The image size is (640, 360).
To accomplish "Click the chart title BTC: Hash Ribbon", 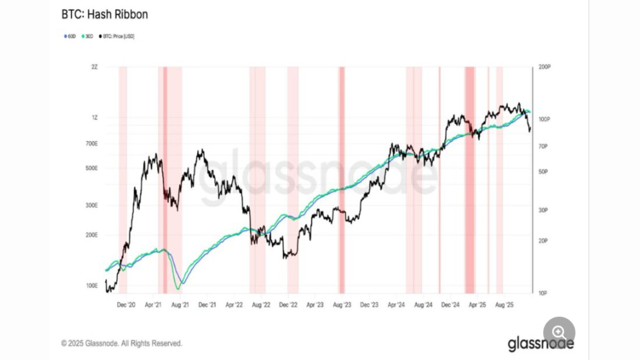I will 104,14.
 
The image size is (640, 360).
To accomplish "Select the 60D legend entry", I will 70,36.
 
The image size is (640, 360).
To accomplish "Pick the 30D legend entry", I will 87,36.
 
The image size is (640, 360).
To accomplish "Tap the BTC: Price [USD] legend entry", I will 117,36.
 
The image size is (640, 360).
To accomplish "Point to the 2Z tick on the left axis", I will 94,66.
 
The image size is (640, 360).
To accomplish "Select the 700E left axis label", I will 91,143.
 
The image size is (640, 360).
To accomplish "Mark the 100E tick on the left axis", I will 91,286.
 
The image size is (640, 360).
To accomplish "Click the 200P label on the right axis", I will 544,66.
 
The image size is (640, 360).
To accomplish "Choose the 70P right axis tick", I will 542,146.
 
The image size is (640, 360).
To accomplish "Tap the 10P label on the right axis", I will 542,293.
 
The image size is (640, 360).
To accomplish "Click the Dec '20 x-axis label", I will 126,304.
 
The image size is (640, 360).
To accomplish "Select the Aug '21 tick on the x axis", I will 179,304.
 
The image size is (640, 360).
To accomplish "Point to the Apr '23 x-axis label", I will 314,304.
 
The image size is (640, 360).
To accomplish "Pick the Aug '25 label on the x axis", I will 504,304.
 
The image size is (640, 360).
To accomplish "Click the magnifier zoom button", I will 559,332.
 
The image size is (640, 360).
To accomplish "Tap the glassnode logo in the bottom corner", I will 540,343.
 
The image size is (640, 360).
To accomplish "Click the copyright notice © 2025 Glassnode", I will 121,343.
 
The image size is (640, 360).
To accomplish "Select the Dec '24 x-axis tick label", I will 450,304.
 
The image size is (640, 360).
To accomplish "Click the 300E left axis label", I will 91,205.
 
